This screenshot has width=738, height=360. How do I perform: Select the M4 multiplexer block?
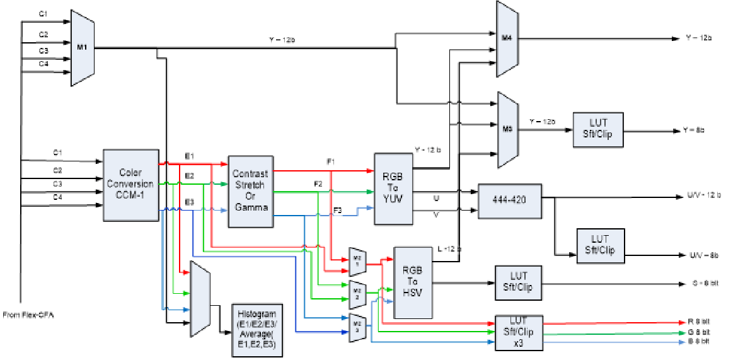(x=507, y=38)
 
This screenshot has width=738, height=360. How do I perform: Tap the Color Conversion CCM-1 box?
(x=130, y=185)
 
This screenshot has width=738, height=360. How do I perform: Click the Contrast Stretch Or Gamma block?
(x=251, y=190)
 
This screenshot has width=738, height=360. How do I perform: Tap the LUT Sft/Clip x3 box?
(x=519, y=332)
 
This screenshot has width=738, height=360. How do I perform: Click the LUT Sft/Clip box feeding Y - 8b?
(x=597, y=130)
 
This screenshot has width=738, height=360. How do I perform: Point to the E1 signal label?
(x=189, y=155)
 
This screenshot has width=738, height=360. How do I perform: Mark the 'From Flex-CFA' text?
(x=28, y=315)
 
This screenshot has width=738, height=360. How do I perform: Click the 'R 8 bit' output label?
(x=700, y=322)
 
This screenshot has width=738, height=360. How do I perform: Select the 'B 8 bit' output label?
(x=700, y=342)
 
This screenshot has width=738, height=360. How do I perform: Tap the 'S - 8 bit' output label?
(x=702, y=283)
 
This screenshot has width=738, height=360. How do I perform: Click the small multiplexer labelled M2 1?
(x=357, y=262)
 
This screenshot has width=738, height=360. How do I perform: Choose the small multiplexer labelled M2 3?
(x=357, y=327)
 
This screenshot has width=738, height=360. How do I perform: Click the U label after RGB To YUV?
(x=436, y=198)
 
